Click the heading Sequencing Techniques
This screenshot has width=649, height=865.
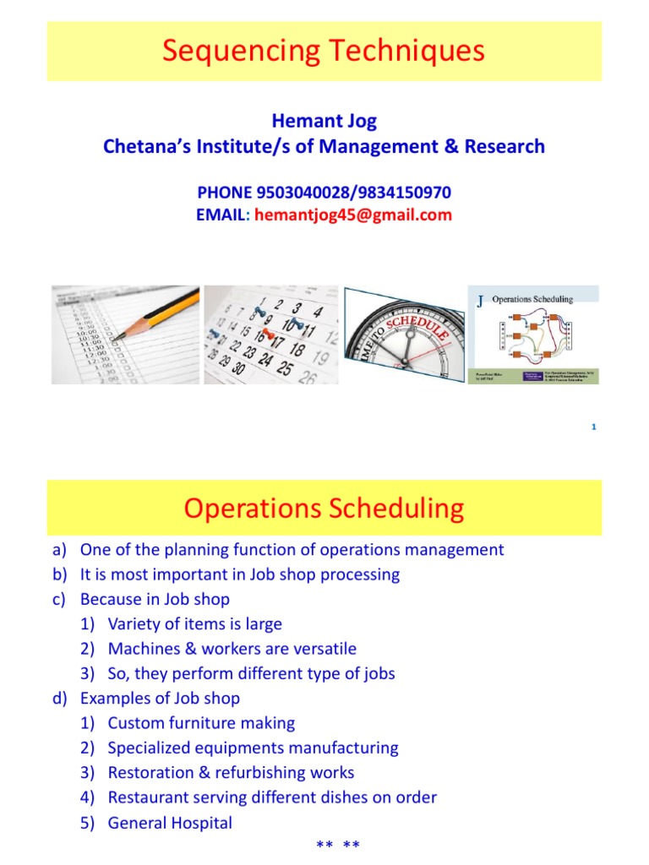[324, 52]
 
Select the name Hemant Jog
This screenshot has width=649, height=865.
[324, 122]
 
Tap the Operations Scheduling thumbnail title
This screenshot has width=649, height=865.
[532, 299]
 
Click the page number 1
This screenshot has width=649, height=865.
[594, 427]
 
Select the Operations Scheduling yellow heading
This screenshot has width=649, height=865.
[324, 509]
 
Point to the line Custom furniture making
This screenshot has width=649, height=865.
[201, 723]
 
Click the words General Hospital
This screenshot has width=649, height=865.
[170, 822]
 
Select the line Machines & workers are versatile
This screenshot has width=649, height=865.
[232, 649]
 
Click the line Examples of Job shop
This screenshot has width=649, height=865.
[160, 699]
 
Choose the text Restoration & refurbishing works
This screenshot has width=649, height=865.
[231, 772]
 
